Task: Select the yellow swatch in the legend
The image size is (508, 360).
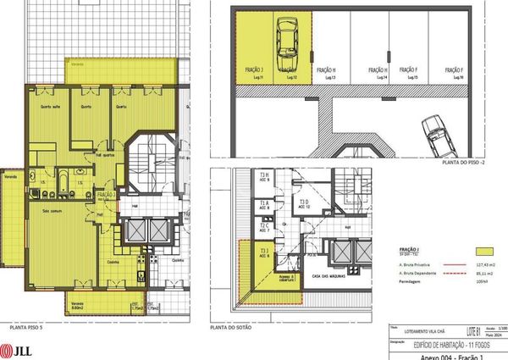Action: (484, 252)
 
